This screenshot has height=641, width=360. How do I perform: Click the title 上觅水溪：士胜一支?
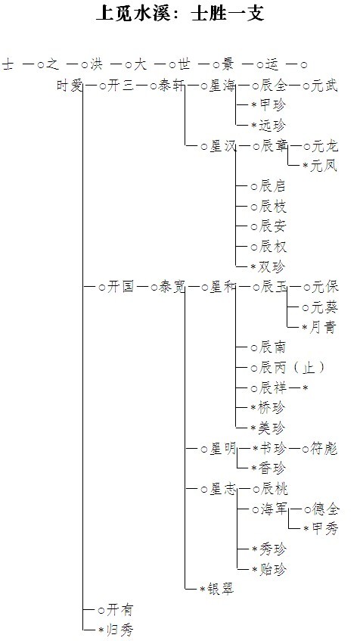pyautogui.click(x=180, y=13)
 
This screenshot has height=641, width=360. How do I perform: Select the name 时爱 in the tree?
pyautogui.click(x=70, y=86)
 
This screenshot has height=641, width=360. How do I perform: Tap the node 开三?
pyautogui.click(x=120, y=86)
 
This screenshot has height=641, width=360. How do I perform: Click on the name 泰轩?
pyautogui.click(x=171, y=86)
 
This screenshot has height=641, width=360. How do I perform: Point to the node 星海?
pyautogui.click(x=222, y=86)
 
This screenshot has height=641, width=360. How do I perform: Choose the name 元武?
pyautogui.click(x=324, y=86)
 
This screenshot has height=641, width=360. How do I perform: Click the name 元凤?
pyautogui.click(x=324, y=166)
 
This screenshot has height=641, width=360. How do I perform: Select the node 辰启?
pyautogui.click(x=272, y=186)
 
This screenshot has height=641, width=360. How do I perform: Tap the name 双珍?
pyautogui.click(x=272, y=267)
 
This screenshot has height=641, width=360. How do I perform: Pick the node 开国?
pyautogui.click(x=120, y=287)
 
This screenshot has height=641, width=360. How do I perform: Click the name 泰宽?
pyautogui.click(x=171, y=287)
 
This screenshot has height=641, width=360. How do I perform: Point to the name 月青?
pyautogui.click(x=323, y=327)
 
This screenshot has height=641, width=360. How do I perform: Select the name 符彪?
pyautogui.click(x=324, y=449)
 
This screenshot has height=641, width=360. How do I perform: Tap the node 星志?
pyautogui.click(x=222, y=489)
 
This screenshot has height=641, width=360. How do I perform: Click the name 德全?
pyautogui.click(x=325, y=509)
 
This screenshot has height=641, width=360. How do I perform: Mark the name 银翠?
pyautogui.click(x=221, y=589)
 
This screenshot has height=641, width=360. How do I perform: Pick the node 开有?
pyautogui.click(x=120, y=609)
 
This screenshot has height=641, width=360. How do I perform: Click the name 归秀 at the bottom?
pyautogui.click(x=119, y=630)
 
